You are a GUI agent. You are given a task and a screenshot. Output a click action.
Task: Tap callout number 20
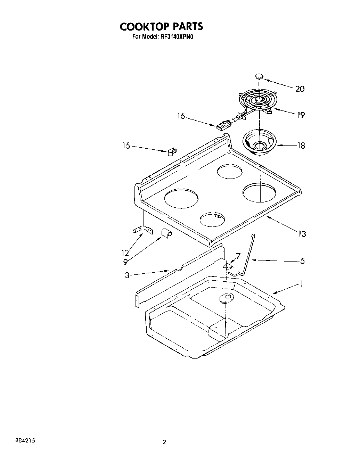pos(300,89)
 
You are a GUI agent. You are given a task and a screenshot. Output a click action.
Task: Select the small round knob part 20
pos(259,76)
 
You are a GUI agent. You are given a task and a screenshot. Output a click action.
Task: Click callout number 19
pos(301,115)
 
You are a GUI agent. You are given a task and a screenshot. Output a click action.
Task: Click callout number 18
pos(301,146)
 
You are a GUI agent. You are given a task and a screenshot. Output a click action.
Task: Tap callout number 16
pos(181,116)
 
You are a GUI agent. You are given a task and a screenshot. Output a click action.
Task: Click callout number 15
pos(126,146)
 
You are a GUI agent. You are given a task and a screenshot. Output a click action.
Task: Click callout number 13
pos(302,234)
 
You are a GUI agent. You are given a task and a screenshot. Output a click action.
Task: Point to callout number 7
pos(238,256)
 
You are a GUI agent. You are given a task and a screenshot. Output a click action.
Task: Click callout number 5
pos(302,260)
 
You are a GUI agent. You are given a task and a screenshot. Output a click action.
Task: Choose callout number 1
pos(302,284)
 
